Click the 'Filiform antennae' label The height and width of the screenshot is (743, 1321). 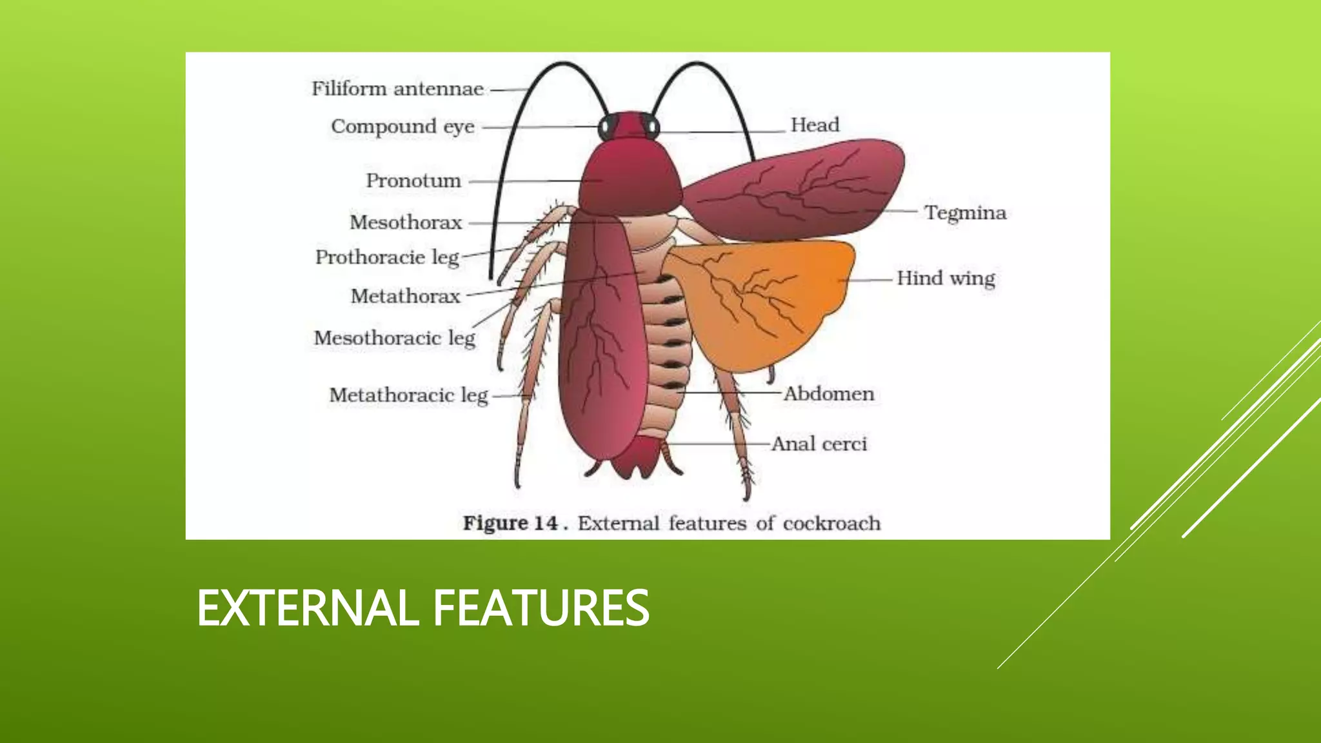pyautogui.click(x=397, y=88)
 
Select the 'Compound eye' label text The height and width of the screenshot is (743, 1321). pyautogui.click(x=402, y=126)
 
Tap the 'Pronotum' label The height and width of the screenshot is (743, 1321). pyautogui.click(x=413, y=181)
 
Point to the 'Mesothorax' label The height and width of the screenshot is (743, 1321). pyautogui.click(x=406, y=223)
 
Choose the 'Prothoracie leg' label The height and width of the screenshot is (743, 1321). pyautogui.click(x=387, y=257)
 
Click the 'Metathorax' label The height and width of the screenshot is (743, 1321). pyautogui.click(x=406, y=296)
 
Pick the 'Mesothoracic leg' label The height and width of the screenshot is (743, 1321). pyautogui.click(x=394, y=338)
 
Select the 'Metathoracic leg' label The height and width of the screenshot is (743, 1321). pyautogui.click(x=408, y=395)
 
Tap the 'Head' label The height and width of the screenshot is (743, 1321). pyautogui.click(x=815, y=124)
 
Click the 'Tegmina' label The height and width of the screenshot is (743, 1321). pyautogui.click(x=965, y=212)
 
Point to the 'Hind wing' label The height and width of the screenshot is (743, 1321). pyautogui.click(x=946, y=278)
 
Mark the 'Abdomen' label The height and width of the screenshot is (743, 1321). pyautogui.click(x=829, y=393)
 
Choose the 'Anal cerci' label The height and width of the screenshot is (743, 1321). pyautogui.click(x=819, y=444)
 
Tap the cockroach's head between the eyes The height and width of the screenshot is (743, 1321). pyautogui.click(x=630, y=125)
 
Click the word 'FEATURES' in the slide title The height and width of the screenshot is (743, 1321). pyautogui.click(x=541, y=608)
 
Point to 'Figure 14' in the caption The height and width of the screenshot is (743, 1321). pyautogui.click(x=510, y=522)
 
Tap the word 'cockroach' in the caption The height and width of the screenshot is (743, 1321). pyautogui.click(x=831, y=522)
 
